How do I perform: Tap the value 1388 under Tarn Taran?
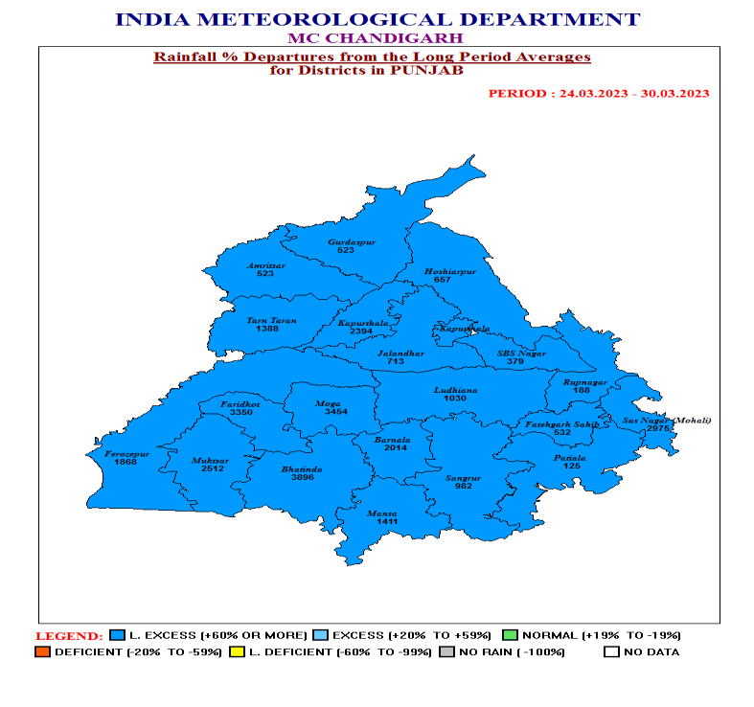click(266, 330)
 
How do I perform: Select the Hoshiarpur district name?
click(450, 272)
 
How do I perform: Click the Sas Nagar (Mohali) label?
click(667, 420)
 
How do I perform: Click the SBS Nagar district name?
click(521, 353)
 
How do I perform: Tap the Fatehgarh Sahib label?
click(561, 423)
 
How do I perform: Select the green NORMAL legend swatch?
click(510, 635)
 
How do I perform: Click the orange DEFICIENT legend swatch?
click(41, 652)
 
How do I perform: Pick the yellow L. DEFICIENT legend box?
click(237, 652)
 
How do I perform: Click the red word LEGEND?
click(69, 636)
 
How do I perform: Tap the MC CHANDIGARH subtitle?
click(376, 38)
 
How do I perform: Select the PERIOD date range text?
click(598, 93)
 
